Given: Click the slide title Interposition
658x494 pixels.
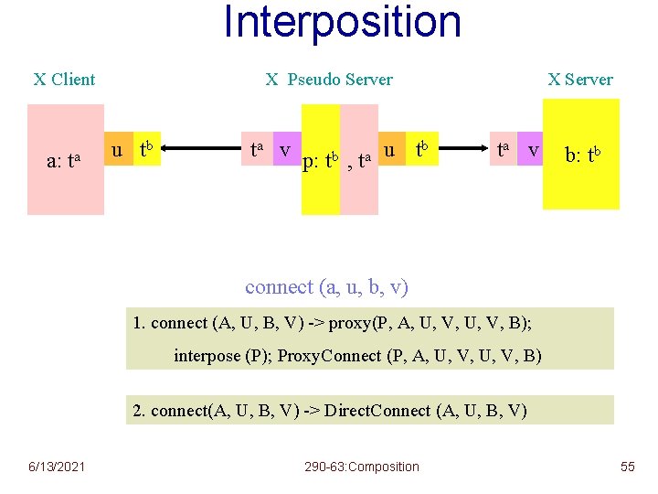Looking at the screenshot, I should tap(342, 22).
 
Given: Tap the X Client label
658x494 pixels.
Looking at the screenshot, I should tap(64, 80).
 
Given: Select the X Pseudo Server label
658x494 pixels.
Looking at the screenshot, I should tap(329, 80).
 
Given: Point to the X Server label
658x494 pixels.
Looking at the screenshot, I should tap(580, 80).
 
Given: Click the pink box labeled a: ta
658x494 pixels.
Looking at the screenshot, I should tap(65, 160).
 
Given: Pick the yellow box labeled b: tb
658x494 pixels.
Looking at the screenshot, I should tap(581, 154).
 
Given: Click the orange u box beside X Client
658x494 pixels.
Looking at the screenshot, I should tap(116, 149).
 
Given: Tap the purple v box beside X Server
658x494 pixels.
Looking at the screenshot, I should tap(533, 149).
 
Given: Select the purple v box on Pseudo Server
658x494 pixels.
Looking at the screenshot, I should tap(286, 149).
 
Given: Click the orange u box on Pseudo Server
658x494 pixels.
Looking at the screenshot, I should tap(390, 149).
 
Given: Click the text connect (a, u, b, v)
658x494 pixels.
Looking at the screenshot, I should tap(326, 287).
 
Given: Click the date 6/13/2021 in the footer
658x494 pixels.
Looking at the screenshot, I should tap(56, 467).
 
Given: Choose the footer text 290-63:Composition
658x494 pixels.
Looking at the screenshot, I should tap(361, 467).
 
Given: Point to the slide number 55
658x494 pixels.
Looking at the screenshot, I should tap(627, 467).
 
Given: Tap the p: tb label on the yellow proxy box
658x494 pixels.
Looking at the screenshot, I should tap(321, 163).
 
